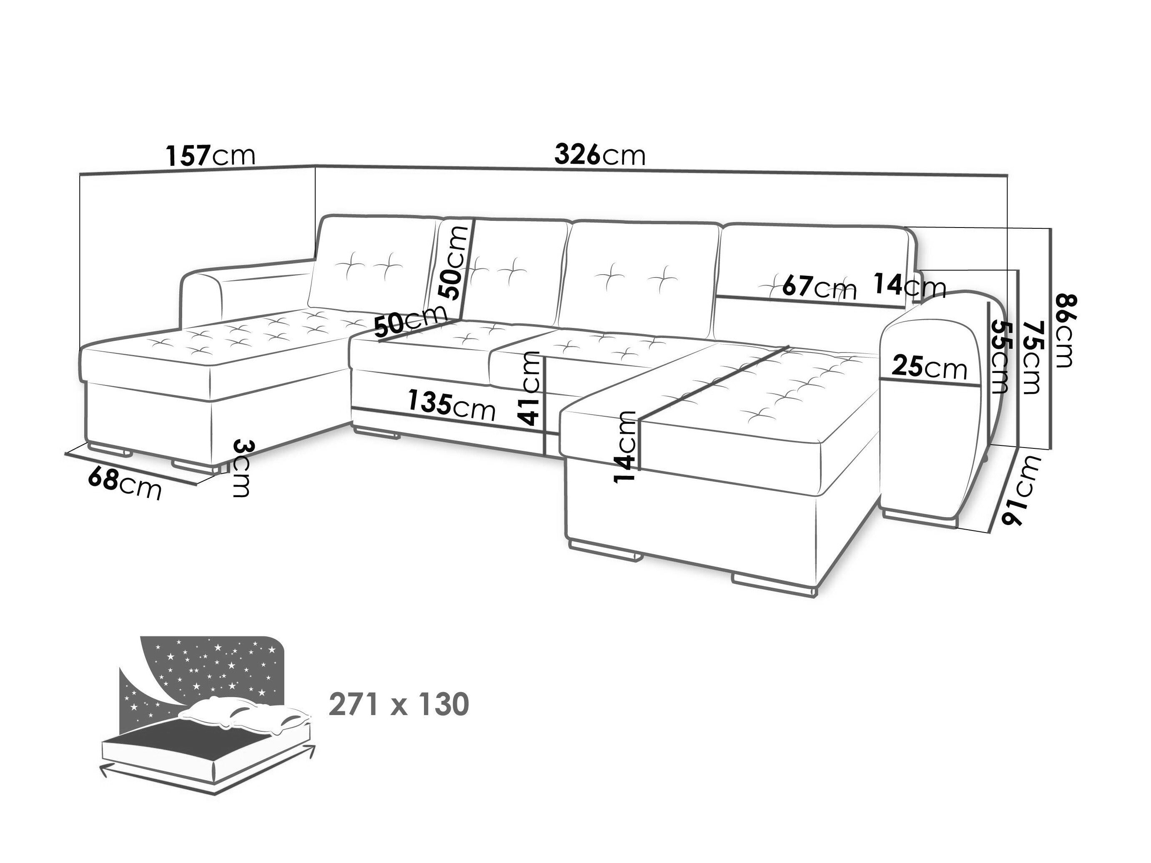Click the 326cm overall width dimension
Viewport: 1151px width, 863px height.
(x=600, y=155)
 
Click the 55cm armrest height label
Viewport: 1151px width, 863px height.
(x=1000, y=357)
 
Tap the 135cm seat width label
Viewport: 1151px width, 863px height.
(x=451, y=404)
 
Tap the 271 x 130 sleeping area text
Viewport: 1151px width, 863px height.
(x=399, y=705)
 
